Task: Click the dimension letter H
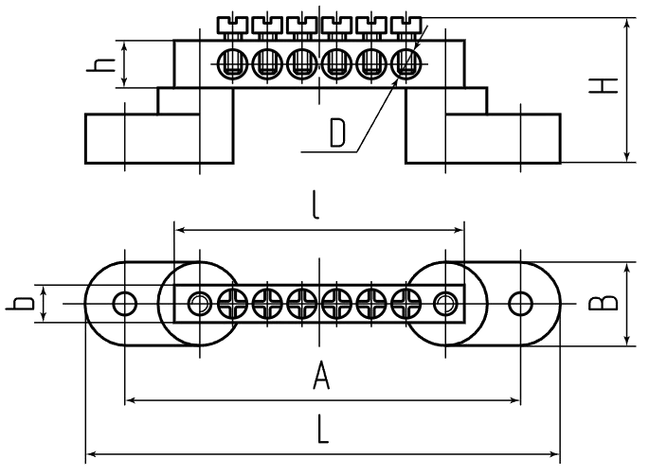(x=604, y=85)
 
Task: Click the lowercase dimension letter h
(x=100, y=65)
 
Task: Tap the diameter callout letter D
(x=337, y=132)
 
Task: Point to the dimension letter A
(x=321, y=375)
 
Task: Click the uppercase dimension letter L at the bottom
(x=322, y=430)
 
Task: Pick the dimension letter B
(x=604, y=304)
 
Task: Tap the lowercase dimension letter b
(x=20, y=304)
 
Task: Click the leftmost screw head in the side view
(x=232, y=25)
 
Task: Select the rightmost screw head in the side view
(x=406, y=25)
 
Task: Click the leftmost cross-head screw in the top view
(x=232, y=304)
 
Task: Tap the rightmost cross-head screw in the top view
(x=406, y=304)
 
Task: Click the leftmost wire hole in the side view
(x=232, y=64)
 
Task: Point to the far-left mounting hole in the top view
(x=124, y=304)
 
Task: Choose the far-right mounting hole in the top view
(x=521, y=304)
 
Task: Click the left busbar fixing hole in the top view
(x=200, y=304)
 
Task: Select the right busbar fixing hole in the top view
(x=445, y=304)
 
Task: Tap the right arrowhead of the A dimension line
(x=514, y=400)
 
